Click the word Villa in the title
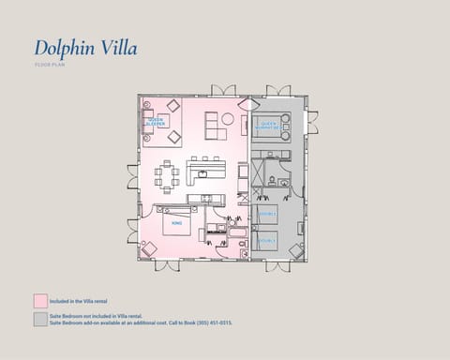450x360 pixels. [x=116, y=48]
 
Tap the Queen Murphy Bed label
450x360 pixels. [x=270, y=124]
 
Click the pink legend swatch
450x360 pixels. [x=40, y=300]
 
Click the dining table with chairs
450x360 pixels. [x=170, y=175]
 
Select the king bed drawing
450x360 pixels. [x=178, y=222]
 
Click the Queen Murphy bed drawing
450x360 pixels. [x=271, y=127]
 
